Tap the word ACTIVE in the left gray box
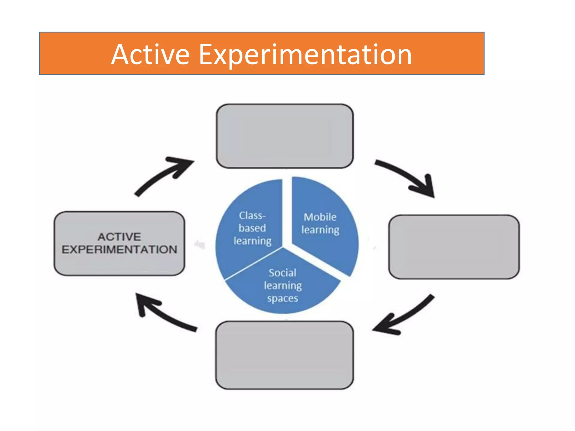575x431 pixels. (119, 237)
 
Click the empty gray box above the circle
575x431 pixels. (284, 136)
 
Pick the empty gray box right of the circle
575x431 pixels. (454, 247)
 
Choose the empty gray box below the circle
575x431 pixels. (284, 355)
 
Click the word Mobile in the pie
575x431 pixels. (320, 217)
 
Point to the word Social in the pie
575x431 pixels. (282, 273)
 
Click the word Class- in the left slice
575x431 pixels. (252, 215)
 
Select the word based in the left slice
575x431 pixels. (252, 228)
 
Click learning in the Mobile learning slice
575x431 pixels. (320, 230)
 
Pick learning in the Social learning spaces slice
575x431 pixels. (283, 286)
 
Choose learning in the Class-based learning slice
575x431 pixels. (252, 241)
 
